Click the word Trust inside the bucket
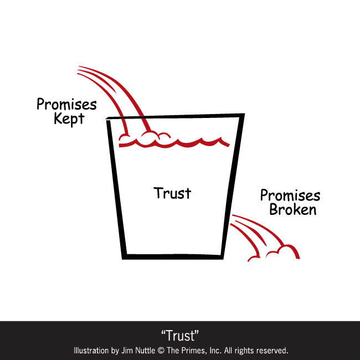(x=172, y=193)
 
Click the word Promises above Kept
(x=66, y=104)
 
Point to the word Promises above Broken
(x=290, y=196)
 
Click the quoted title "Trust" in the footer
(x=180, y=335)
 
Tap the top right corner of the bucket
(x=243, y=115)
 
